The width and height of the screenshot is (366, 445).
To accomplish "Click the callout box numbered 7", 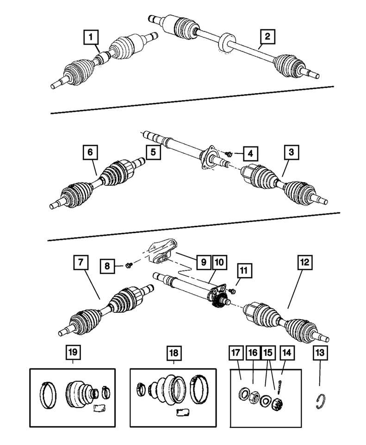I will coord(80,263).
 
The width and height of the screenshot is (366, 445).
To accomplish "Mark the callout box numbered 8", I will coord(107,266).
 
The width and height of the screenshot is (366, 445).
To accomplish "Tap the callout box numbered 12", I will coord(304,263).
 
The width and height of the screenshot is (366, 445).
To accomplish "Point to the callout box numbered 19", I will coord(72,353).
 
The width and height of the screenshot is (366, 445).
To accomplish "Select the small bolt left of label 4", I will coord(229,153).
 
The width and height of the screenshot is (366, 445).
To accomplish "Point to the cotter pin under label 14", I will coord(281,383).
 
